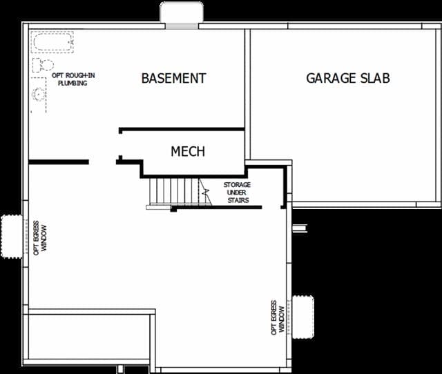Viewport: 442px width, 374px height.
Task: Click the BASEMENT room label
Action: pyautogui.click(x=173, y=78)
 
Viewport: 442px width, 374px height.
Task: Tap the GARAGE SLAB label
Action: pyautogui.click(x=348, y=78)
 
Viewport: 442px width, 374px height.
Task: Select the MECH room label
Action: pyautogui.click(x=188, y=151)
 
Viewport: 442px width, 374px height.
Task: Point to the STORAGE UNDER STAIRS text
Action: pyautogui.click(x=237, y=193)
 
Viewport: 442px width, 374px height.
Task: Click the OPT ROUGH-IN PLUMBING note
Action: pyautogui.click(x=73, y=79)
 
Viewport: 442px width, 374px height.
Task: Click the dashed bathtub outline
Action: pyautogui.click(x=52, y=42)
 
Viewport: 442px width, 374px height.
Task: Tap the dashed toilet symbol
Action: pyautogui.click(x=43, y=66)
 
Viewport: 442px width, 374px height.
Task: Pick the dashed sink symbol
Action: pyautogui.click(x=39, y=95)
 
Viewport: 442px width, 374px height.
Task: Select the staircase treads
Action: pyautogui.click(x=173, y=193)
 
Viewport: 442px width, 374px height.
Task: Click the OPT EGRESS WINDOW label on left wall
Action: pyautogui.click(x=40, y=238)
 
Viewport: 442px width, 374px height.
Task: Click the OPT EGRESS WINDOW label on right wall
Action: pyautogui.click(x=278, y=317)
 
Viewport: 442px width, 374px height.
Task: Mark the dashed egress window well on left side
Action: pyautogui.click(x=11, y=236)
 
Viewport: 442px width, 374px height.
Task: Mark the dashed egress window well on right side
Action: pyautogui.click(x=303, y=317)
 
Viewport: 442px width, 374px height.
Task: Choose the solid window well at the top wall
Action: pyautogui.click(x=182, y=12)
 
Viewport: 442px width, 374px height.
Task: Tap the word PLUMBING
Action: pyautogui.click(x=73, y=83)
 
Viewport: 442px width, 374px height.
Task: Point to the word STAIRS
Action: pyautogui.click(x=238, y=200)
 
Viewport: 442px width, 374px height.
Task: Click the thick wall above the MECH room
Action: pyautogui.click(x=182, y=129)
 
